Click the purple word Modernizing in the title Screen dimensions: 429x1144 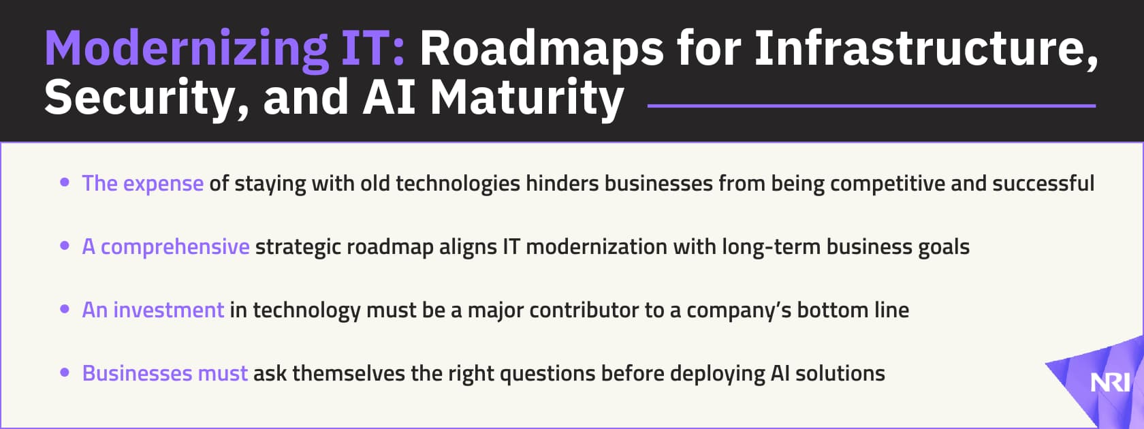pyautogui.click(x=185, y=49)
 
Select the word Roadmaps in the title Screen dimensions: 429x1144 pyautogui.click(x=541, y=49)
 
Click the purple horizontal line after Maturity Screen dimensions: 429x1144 pyautogui.click(x=871, y=106)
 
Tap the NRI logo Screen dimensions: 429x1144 pyautogui.click(x=1110, y=383)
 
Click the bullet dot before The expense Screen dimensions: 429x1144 pyautogui.click(x=65, y=182)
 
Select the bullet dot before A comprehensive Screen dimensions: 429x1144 pyautogui.click(x=65, y=246)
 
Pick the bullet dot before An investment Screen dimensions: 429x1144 pyautogui.click(x=65, y=309)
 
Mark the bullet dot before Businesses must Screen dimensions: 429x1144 pyautogui.click(x=65, y=372)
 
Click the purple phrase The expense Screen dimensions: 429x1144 pyautogui.click(x=142, y=183)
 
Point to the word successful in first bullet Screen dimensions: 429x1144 pyautogui.click(x=1043, y=183)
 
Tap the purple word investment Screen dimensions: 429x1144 pyautogui.click(x=168, y=310)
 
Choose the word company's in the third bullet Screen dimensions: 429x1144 pyautogui.click(x=739, y=311)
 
